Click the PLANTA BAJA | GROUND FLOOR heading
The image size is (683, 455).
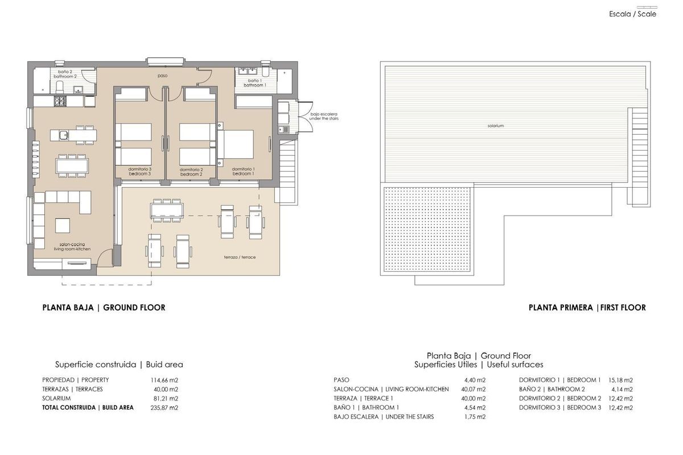pyautogui.click(x=104, y=308)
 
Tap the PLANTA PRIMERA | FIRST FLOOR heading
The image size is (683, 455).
pyautogui.click(x=587, y=308)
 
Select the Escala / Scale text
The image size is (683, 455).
pyautogui.click(x=632, y=14)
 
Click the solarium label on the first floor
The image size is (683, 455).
pyautogui.click(x=496, y=126)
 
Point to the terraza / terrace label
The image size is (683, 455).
pyautogui.click(x=240, y=257)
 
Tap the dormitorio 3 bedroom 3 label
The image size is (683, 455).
pyautogui.click(x=139, y=171)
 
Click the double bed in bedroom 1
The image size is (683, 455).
pyautogui.click(x=238, y=144)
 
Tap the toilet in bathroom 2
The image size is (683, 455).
pyautogui.click(x=60, y=86)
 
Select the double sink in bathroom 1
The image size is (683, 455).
pyautogui.click(x=249, y=72)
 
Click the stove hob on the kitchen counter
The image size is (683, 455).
pyautogui.click(x=60, y=102)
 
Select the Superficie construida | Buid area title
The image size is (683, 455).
pyautogui.click(x=119, y=365)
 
